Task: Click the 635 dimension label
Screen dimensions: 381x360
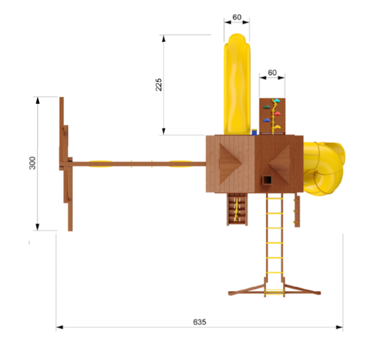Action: click(x=200, y=322)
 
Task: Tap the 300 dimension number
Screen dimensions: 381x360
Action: click(x=32, y=163)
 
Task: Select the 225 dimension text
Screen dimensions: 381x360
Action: click(x=158, y=85)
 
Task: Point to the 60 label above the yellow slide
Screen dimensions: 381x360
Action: click(x=237, y=17)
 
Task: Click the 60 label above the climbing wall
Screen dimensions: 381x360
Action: click(x=272, y=72)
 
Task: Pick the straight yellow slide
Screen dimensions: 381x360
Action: click(x=237, y=84)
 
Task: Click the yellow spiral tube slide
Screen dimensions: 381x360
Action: click(x=324, y=169)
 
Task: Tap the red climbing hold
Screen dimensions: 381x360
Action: click(x=277, y=114)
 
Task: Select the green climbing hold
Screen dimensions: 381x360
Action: click(x=267, y=107)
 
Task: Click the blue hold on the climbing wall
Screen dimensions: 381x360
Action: click(x=267, y=120)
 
